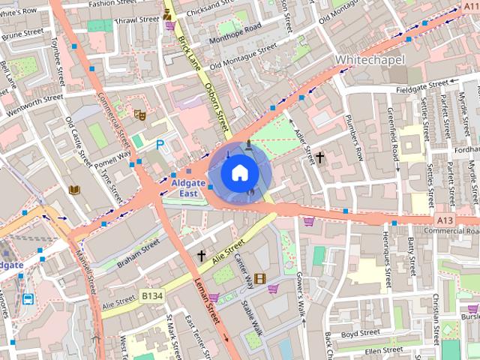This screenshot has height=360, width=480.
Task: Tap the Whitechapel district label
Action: pyautogui.click(x=370, y=59)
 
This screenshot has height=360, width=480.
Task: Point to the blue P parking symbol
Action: pyautogui.click(x=160, y=145)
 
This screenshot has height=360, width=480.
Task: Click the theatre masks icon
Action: pyautogui.click(x=139, y=115)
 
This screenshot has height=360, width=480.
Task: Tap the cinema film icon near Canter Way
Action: pyautogui.click(x=259, y=279)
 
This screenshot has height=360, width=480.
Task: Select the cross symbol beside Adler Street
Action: pyautogui.click(x=319, y=157)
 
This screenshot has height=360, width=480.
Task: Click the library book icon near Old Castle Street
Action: pyautogui.click(x=74, y=190)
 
